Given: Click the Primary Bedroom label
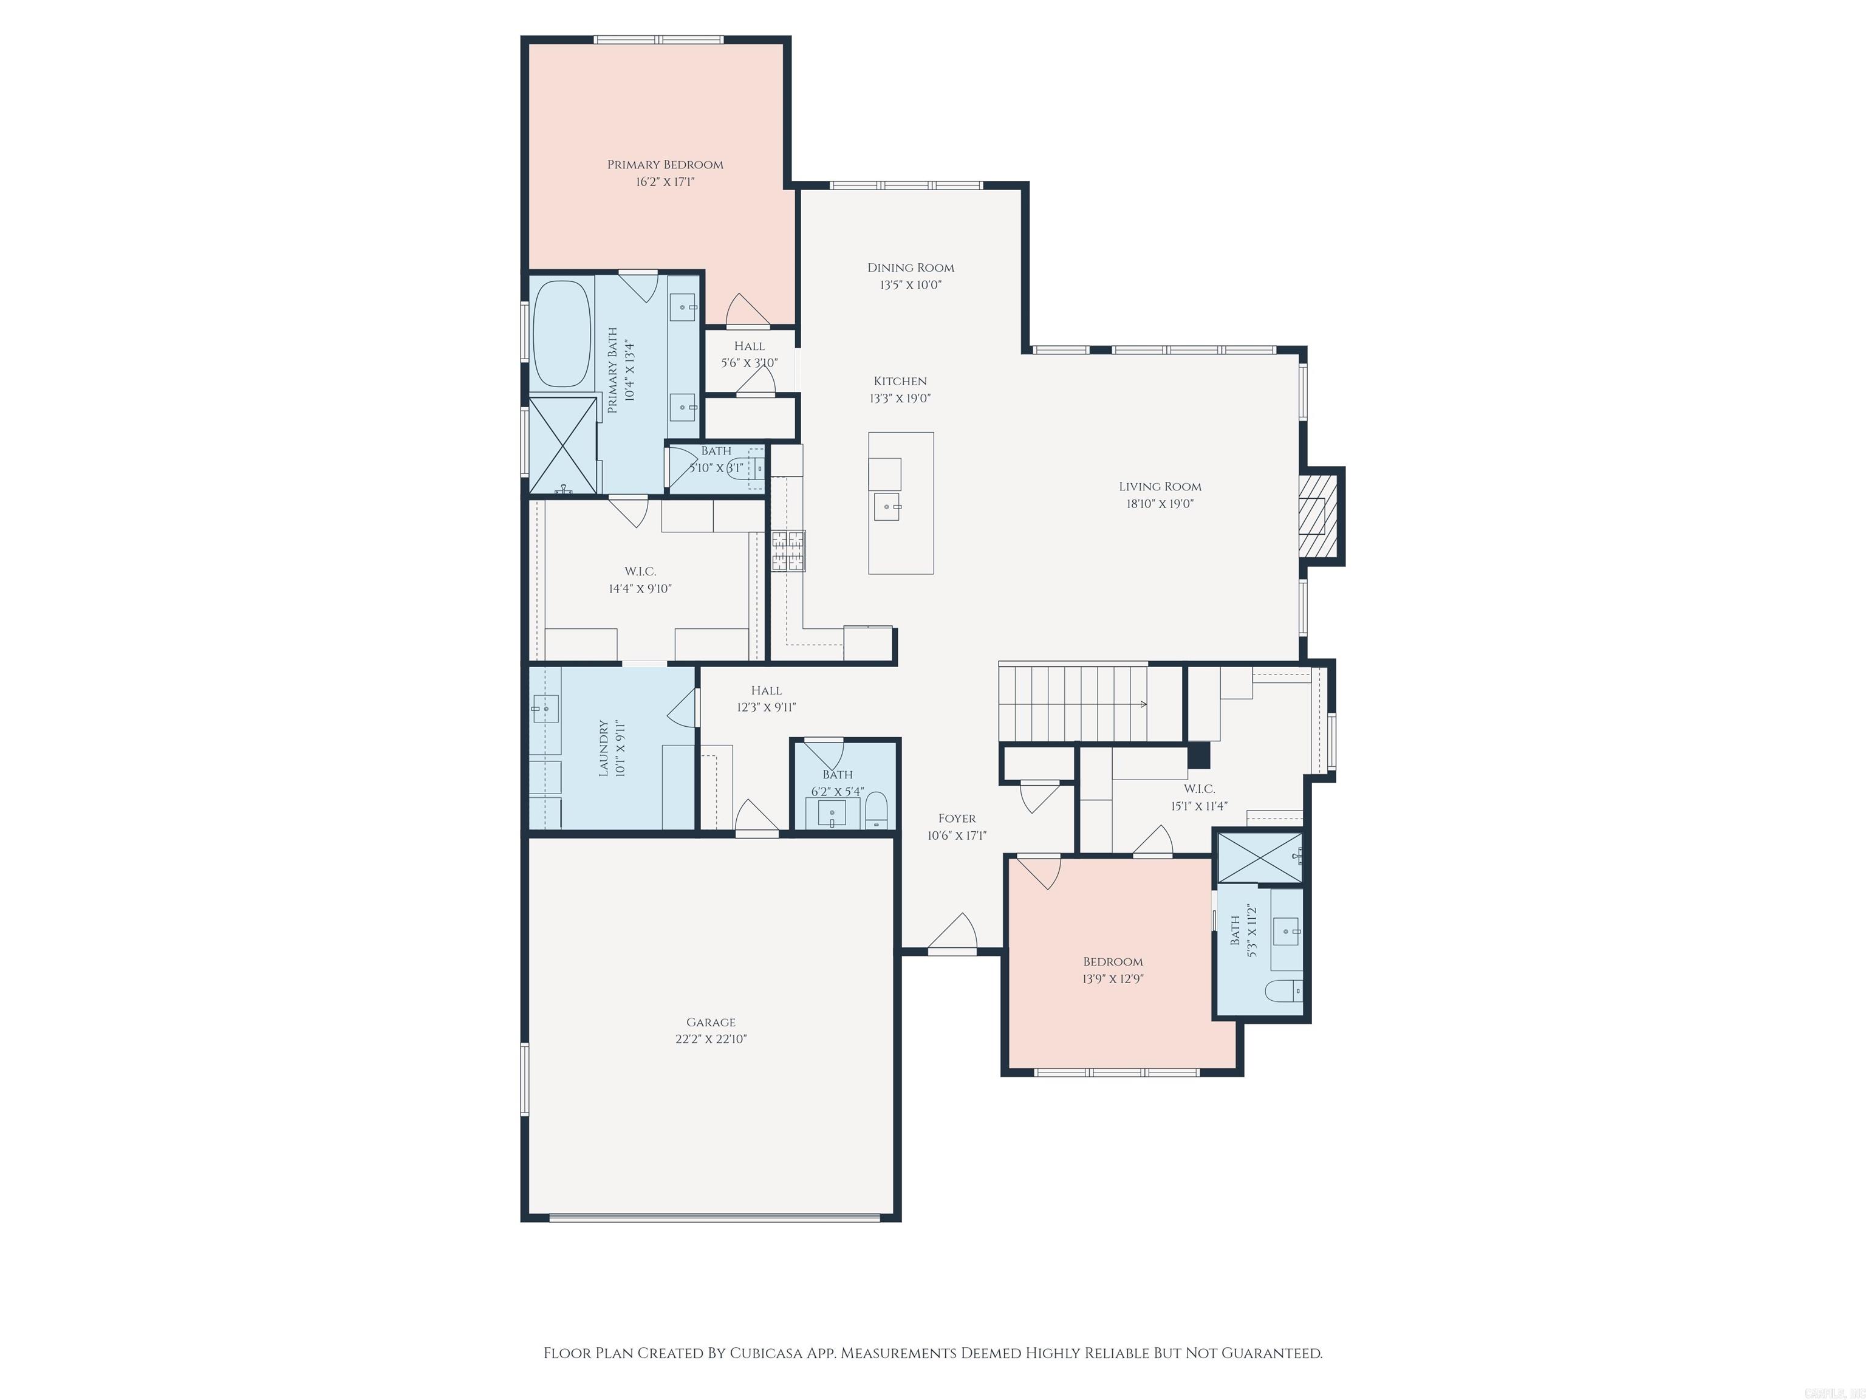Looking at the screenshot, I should tap(665, 165).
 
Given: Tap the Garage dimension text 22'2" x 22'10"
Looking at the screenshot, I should tap(710, 1039).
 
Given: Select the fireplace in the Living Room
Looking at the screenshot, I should tap(1317, 516).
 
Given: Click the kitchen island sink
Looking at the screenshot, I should tap(887, 507).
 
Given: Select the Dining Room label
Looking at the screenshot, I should tap(911, 267).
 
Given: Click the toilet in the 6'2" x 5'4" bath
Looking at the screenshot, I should tap(877, 809).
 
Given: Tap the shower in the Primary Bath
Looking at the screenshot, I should tap(562, 447).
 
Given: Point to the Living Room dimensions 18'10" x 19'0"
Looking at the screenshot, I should tap(1160, 504).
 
